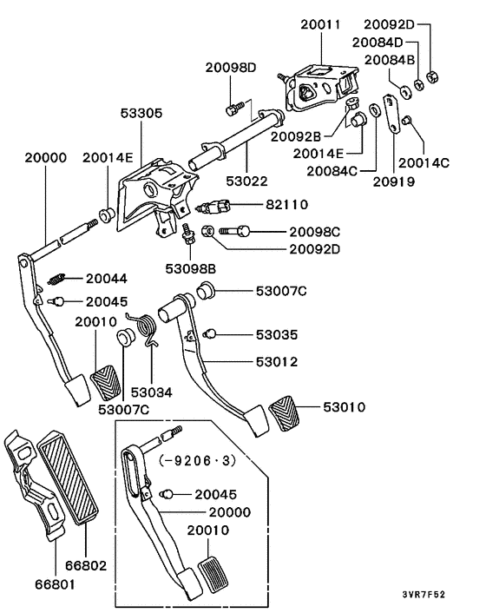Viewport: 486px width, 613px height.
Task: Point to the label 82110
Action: (x=286, y=206)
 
